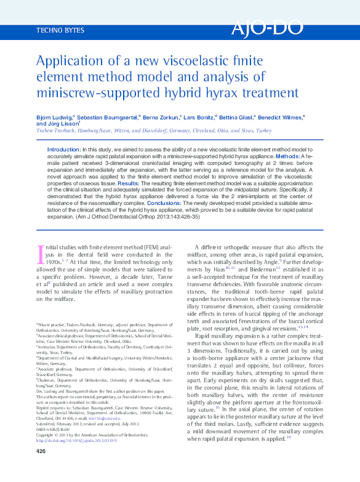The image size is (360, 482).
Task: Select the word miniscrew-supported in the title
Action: pyautogui.click(x=90, y=94)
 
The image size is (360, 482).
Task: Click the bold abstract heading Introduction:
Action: pyautogui.click(x=64, y=150)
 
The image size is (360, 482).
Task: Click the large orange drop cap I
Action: pyautogui.click(x=41, y=255)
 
